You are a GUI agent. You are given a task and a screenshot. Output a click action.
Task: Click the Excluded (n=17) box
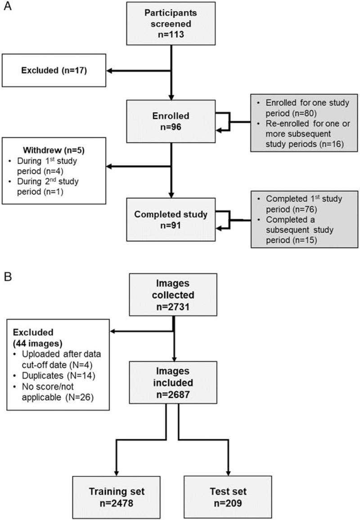(54, 70)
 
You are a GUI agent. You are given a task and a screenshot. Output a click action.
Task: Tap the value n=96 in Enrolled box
(171, 127)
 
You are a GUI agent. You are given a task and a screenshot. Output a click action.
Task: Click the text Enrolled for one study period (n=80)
(306, 108)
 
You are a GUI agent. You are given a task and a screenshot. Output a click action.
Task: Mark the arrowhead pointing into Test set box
(228, 472)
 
